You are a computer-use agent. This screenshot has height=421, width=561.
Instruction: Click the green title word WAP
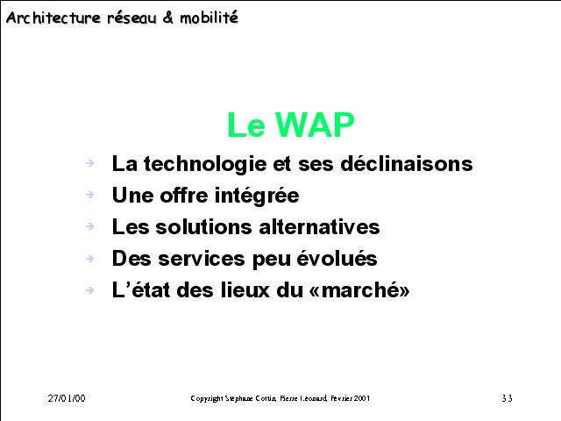coord(315,125)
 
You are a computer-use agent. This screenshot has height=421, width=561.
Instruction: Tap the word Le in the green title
coord(245,125)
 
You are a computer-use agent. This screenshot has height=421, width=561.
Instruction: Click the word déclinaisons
coord(407,164)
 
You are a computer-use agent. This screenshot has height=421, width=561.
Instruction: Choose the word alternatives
coord(319,227)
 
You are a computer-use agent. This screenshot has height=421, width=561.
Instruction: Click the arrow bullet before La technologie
coord(89,163)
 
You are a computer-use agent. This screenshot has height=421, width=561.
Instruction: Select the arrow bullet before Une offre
coord(89,195)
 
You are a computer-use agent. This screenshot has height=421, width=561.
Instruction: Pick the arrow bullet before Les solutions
coord(89,226)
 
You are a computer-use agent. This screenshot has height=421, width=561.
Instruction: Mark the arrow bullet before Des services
coord(89,258)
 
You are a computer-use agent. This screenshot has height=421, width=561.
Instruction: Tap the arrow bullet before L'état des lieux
coord(89,289)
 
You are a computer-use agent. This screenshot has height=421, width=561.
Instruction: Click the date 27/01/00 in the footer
coord(67,398)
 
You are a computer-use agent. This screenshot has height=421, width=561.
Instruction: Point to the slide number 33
coord(507,398)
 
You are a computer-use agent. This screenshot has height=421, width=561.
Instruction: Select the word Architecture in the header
coord(53,18)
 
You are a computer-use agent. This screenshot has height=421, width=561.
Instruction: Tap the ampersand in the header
coord(167,18)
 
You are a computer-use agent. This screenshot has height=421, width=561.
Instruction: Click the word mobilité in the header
coord(209,18)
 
